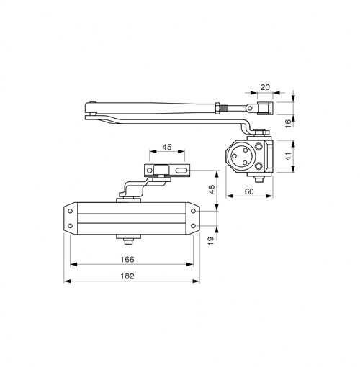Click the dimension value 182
pyautogui.click(x=127, y=276)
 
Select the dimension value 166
pyautogui.click(x=127, y=259)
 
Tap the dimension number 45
pyautogui.click(x=167, y=147)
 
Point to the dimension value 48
pyautogui.click(x=212, y=189)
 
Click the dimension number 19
pyautogui.click(x=210, y=240)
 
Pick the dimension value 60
pyautogui.click(x=249, y=191)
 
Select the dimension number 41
pyautogui.click(x=289, y=156)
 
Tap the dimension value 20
pyautogui.click(x=265, y=87)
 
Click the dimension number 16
pyautogui.click(x=288, y=123)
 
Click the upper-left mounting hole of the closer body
pyautogui.click(x=71, y=211)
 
